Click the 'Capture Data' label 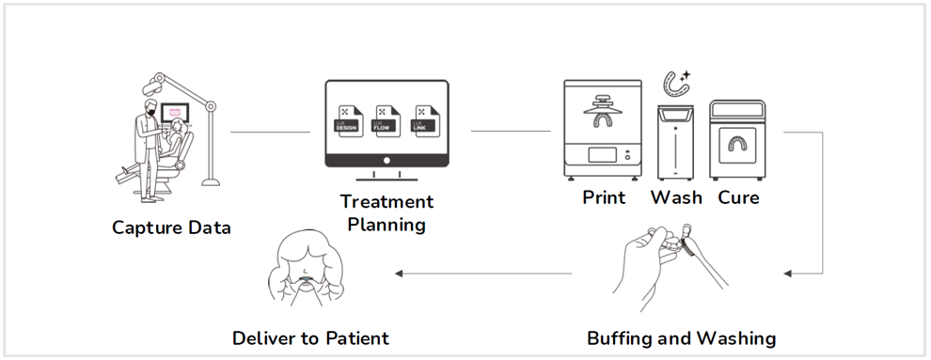[171, 227]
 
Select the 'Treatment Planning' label [387, 213]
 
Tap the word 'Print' [604, 198]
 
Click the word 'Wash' [676, 198]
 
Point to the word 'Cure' [738, 198]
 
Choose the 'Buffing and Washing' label [681, 338]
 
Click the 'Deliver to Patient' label [310, 338]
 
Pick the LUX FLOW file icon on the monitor [387, 123]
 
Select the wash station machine [675, 142]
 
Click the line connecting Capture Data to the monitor [270, 132]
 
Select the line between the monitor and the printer [510, 132]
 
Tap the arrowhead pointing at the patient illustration [399, 274]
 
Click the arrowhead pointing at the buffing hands [789, 274]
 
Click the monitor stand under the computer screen [387, 179]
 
